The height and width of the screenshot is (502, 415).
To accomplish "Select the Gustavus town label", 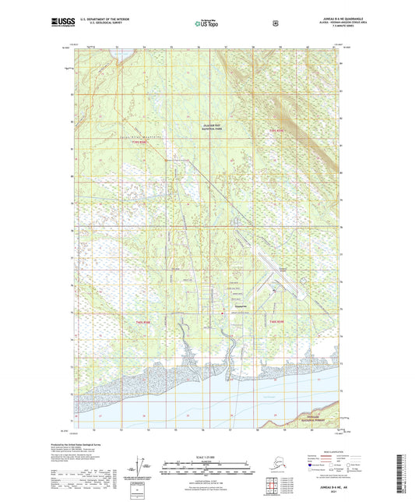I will click(x=240, y=306).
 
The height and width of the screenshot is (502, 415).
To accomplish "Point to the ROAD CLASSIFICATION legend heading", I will click(x=331, y=451).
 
